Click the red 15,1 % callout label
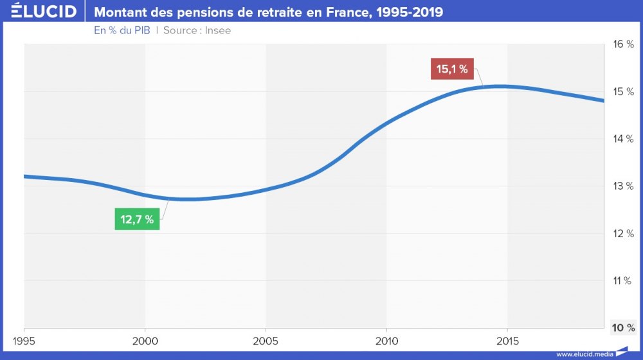(x=452, y=69)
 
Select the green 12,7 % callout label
(x=137, y=219)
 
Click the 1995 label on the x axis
(x=24, y=339)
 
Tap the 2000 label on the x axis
(x=145, y=339)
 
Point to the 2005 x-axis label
(x=266, y=339)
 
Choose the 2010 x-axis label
(x=386, y=339)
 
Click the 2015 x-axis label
(x=507, y=339)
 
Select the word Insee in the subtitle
(x=217, y=30)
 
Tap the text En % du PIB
(x=122, y=30)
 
